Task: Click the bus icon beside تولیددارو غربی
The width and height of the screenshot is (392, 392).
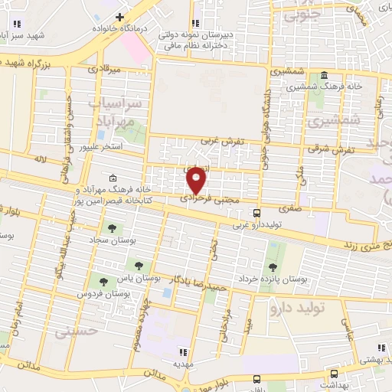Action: click(256, 212)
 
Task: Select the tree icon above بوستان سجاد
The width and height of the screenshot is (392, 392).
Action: click(113, 228)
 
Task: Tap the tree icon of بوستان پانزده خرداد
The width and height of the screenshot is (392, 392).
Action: click(273, 266)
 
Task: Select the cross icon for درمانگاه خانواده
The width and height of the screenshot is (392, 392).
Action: click(119, 16)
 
